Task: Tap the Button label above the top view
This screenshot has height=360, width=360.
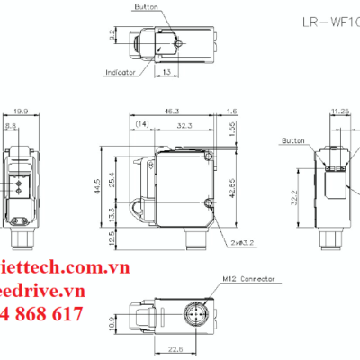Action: (145, 6)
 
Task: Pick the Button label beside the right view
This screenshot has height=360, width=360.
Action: (294, 141)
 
